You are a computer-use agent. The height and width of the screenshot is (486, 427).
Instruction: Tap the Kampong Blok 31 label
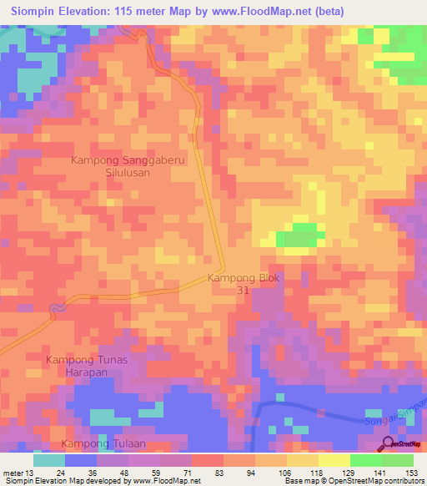pyautogui.click(x=244, y=284)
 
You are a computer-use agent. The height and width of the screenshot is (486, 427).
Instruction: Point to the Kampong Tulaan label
pyautogui.click(x=99, y=443)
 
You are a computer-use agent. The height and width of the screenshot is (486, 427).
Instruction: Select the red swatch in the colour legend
pyautogui.click(x=207, y=460)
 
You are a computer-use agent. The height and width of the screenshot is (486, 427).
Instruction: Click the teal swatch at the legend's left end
pyautogui.click(x=49, y=460)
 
